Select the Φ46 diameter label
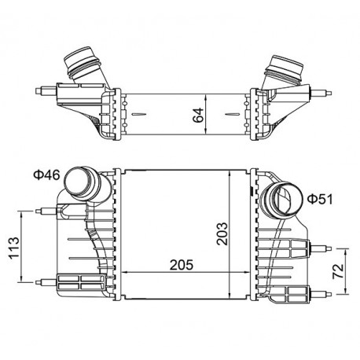(46, 174)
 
